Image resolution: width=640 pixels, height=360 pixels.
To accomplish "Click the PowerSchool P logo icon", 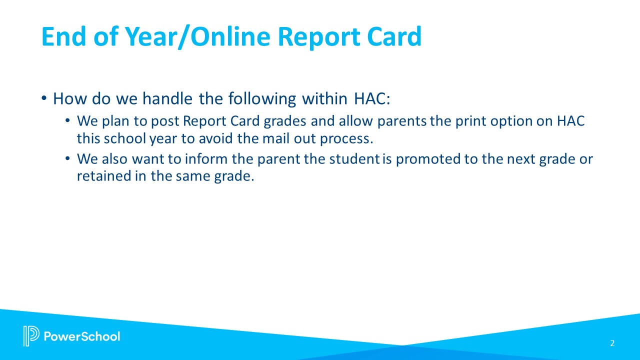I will click(30, 336).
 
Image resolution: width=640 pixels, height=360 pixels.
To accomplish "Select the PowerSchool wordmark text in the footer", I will click(82, 336).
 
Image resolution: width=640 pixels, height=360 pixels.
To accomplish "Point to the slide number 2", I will click(612, 343).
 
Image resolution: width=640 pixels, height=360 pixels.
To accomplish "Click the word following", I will click(262, 99).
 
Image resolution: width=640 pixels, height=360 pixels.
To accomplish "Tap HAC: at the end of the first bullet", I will click(371, 99).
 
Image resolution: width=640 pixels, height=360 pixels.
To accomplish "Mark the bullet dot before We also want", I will click(68, 159).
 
